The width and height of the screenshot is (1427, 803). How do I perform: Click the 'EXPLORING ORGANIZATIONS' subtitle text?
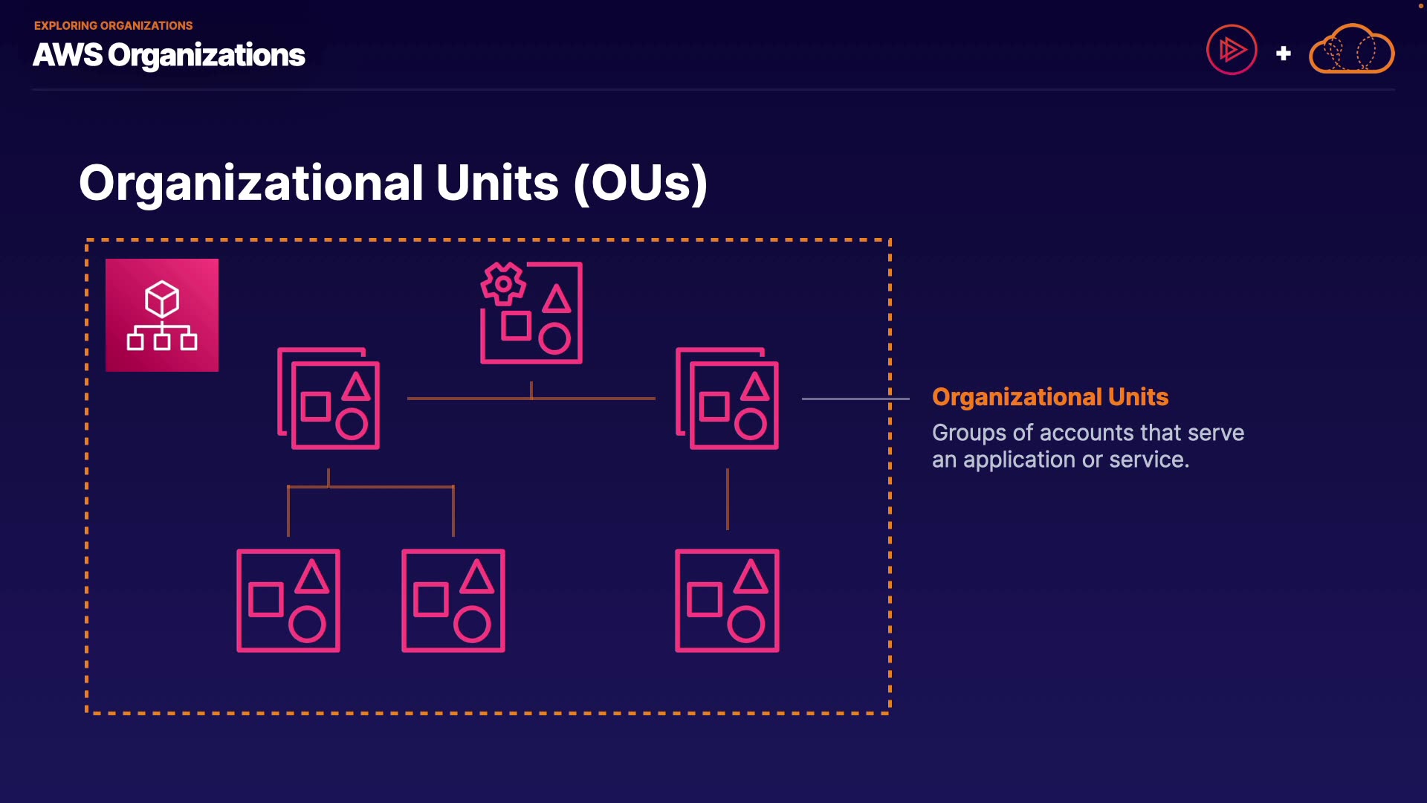pyautogui.click(x=113, y=26)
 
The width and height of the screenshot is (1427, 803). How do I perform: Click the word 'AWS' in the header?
pyautogui.click(x=67, y=55)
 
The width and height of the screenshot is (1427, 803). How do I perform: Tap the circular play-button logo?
pyautogui.click(x=1232, y=50)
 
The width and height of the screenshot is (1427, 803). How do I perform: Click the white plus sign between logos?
pyautogui.click(x=1283, y=54)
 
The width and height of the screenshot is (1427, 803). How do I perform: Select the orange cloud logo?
pyautogui.click(x=1351, y=50)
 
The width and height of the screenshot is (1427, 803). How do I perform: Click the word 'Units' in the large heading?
pyautogui.click(x=496, y=183)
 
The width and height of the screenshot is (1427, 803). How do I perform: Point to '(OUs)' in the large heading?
pyautogui.click(x=640, y=183)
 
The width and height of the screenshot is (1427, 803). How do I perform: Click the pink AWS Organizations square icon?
pyautogui.click(x=162, y=315)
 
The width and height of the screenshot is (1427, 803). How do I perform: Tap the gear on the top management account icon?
pyautogui.click(x=503, y=283)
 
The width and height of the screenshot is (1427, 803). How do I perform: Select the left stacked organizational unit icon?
pyautogui.click(x=329, y=399)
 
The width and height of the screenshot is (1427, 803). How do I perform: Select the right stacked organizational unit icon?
pyautogui.click(x=727, y=399)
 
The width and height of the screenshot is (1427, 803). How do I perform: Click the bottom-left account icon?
pyautogui.click(x=288, y=601)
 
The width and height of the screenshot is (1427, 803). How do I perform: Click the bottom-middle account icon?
pyautogui.click(x=453, y=601)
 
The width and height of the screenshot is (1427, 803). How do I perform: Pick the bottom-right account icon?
pyautogui.click(x=727, y=601)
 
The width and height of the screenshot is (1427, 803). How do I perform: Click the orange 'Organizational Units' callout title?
pyautogui.click(x=1050, y=397)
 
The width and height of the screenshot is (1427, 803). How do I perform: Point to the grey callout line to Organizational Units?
pyautogui.click(x=855, y=399)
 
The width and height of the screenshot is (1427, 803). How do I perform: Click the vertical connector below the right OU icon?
pyautogui.click(x=727, y=499)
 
